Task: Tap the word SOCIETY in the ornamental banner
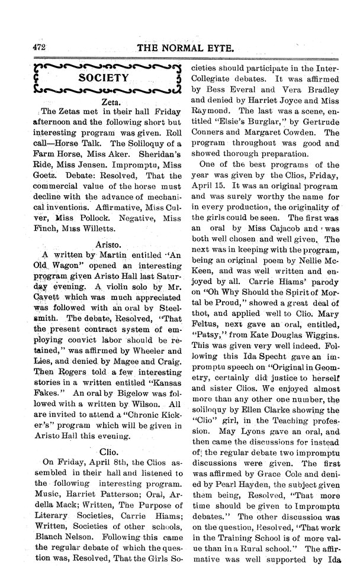[x=105, y=78]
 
